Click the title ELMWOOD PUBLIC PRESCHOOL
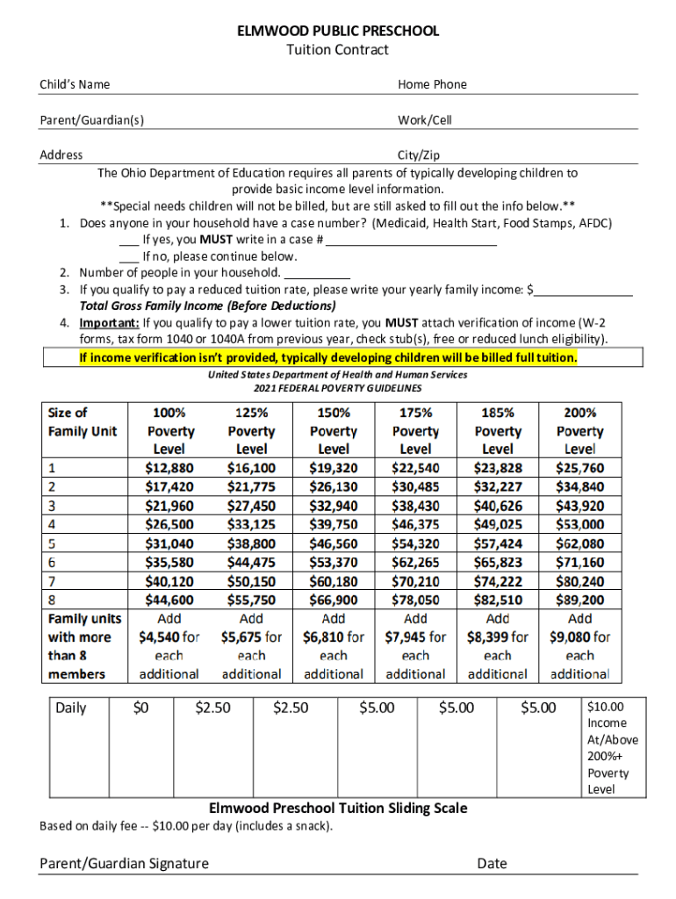(338, 31)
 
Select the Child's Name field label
(75, 84)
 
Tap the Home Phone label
(432, 84)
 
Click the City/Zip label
(419, 155)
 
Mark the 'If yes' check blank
(128, 241)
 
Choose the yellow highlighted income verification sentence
(328, 358)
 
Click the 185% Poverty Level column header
(498, 430)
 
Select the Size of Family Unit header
(83, 421)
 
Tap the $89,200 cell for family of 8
(580, 600)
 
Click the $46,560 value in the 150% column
(334, 543)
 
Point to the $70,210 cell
(415, 581)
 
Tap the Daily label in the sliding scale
(71, 708)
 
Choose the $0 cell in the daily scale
(140, 708)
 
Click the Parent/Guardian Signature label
(124, 863)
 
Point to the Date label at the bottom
(492, 863)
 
